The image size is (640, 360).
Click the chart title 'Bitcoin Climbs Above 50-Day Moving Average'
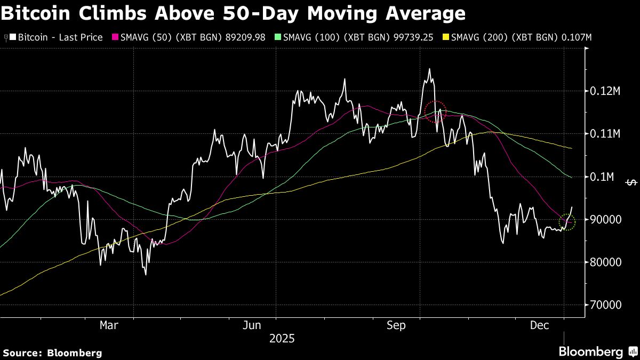[233, 13]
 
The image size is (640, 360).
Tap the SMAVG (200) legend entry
[522, 38]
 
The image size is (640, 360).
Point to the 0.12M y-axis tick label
[605, 91]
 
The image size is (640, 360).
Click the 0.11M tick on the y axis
[605, 134]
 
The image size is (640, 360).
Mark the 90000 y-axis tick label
[605, 219]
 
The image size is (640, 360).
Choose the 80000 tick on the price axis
[605, 262]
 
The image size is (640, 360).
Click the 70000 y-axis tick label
[605, 305]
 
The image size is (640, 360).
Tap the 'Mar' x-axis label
[109, 325]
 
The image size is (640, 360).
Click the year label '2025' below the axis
[282, 339]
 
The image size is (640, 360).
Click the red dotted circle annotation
[435, 111]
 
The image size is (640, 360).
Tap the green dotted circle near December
[567, 222]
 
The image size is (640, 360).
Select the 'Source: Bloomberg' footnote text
[52, 353]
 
